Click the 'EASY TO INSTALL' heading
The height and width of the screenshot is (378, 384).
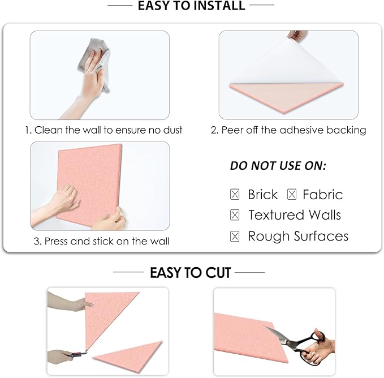192,6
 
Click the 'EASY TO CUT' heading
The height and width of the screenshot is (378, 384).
190,273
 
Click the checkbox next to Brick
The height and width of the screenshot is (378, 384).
235,195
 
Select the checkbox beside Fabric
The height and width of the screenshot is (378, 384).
292,195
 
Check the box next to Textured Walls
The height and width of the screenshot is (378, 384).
235,215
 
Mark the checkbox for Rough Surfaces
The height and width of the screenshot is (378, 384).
235,236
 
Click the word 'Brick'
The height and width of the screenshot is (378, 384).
262,195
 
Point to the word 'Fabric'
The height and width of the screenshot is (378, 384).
322,195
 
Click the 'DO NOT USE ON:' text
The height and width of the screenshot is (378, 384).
278,166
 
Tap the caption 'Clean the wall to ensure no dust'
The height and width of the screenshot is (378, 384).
103,130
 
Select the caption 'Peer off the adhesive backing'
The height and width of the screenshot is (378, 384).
288,130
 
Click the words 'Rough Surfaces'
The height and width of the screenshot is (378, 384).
298,236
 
